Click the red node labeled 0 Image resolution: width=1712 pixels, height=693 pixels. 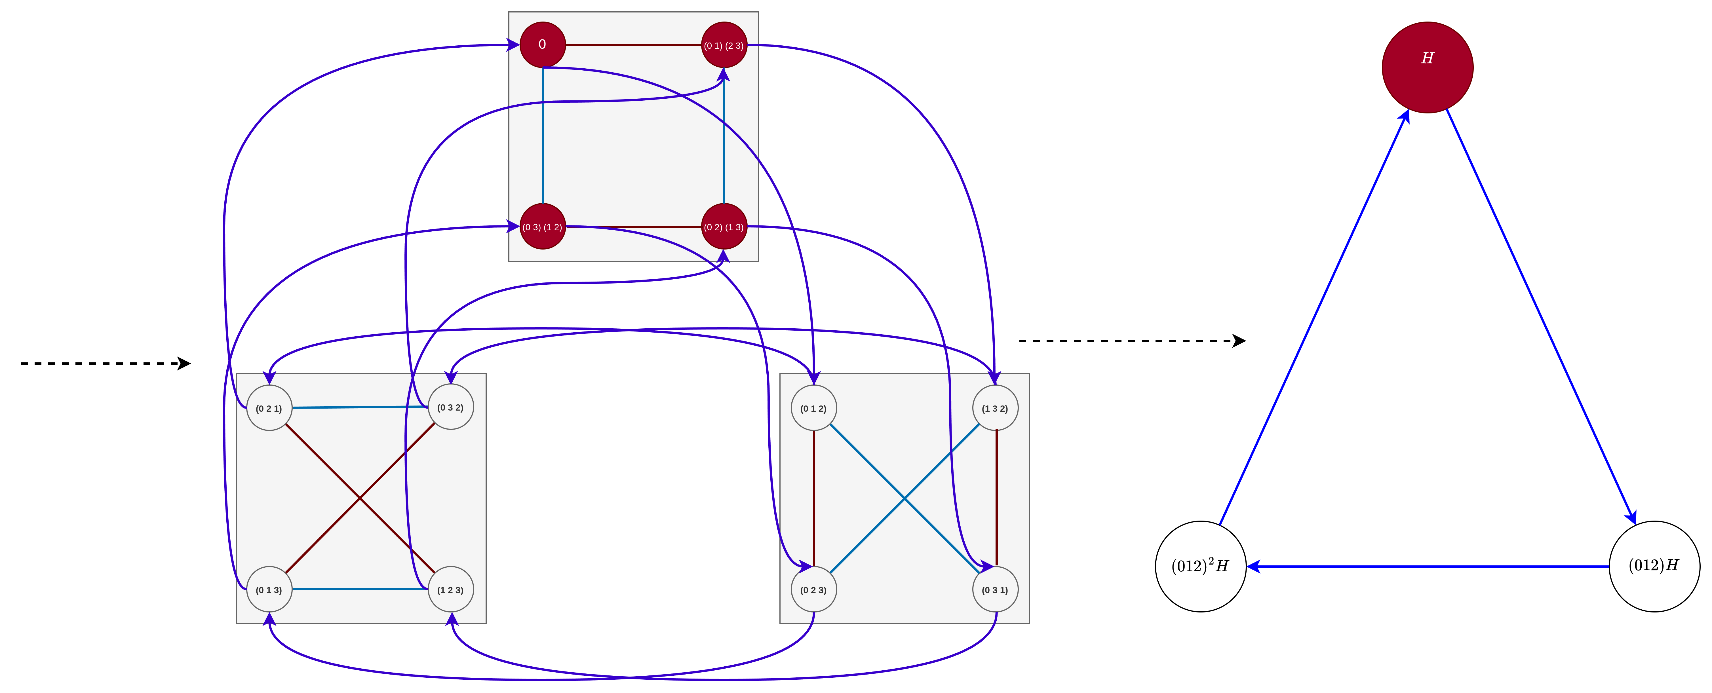click(x=542, y=45)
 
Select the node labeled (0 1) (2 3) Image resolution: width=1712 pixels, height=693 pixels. click(x=724, y=45)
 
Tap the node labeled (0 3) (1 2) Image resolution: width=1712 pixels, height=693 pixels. click(x=542, y=227)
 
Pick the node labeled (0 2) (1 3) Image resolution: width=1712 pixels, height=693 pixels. click(x=724, y=227)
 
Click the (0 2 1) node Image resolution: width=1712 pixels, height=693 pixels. click(x=269, y=408)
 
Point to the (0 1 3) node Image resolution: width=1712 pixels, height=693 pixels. click(x=269, y=589)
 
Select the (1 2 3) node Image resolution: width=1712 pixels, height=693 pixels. click(x=451, y=589)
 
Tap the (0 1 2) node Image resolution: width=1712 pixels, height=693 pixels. click(x=813, y=408)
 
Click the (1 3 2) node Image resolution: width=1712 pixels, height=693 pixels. click(x=995, y=408)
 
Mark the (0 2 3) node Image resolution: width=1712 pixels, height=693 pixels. click(x=813, y=589)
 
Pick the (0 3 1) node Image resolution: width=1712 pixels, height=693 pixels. click(x=995, y=589)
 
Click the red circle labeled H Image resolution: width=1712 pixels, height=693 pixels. click(x=1427, y=67)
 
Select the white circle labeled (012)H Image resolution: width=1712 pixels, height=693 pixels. click(x=1654, y=566)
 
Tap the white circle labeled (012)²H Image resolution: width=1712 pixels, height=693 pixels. click(x=1200, y=566)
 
